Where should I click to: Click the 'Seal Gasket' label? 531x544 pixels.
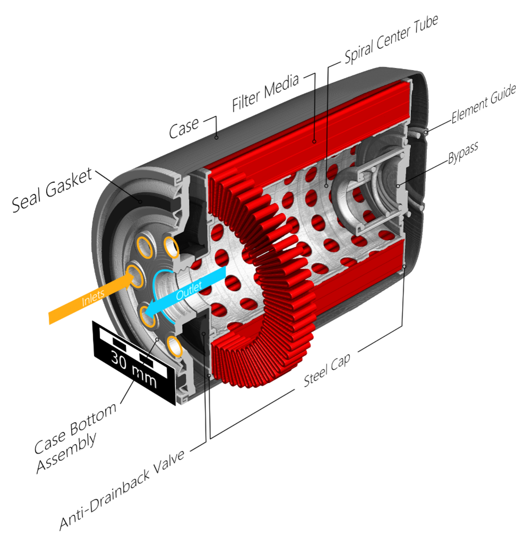click(52, 190)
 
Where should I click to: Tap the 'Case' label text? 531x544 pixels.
click(184, 127)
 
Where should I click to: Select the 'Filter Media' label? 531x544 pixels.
click(265, 92)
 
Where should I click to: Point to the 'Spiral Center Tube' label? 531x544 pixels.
click(391, 39)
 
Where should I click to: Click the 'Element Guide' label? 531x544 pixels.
click(484, 104)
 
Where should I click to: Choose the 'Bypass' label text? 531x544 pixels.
click(463, 152)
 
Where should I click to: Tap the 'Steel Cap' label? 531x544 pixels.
click(327, 370)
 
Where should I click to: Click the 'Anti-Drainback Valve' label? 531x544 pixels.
click(122, 490)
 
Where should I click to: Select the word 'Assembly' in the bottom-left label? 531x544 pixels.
click(66, 454)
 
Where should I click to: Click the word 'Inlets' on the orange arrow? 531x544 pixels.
click(93, 298)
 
